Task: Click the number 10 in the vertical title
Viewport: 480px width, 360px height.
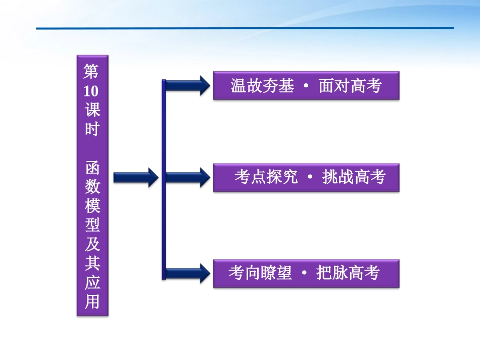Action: tap(92, 91)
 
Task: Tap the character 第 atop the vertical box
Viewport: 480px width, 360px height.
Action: tap(92, 72)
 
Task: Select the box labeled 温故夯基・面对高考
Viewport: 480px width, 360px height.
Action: tap(306, 86)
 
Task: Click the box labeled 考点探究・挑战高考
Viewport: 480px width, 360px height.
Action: tap(306, 178)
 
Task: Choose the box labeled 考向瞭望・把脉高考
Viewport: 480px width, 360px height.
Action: tap(306, 274)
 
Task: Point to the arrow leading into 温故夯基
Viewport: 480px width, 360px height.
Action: tap(187, 85)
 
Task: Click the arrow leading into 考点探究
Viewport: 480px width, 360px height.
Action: tap(187, 177)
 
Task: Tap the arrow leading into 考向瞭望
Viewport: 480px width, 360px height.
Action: tap(187, 273)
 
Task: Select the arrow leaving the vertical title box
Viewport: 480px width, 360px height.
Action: tap(135, 177)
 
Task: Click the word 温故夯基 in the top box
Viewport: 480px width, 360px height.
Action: tap(262, 86)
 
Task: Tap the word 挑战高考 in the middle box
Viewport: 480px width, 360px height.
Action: tap(354, 178)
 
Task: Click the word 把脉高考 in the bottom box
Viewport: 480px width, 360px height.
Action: tap(348, 274)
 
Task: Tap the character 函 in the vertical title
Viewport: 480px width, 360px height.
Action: tap(92, 168)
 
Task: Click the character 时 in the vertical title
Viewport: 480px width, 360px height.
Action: tap(92, 129)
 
